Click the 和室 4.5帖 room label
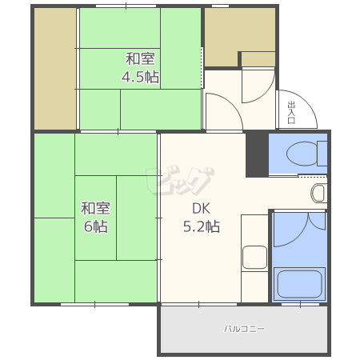click(x=140, y=68)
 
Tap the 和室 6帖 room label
click(x=96, y=218)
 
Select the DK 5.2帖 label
click(x=202, y=218)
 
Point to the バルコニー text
click(x=244, y=329)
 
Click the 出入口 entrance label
click(x=291, y=112)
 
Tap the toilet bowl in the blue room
click(x=302, y=154)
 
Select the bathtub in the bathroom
click(x=299, y=284)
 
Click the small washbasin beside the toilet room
click(x=318, y=193)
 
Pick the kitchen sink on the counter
click(x=254, y=258)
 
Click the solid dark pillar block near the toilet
click(x=257, y=154)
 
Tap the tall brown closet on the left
click(x=55, y=69)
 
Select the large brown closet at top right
click(x=240, y=37)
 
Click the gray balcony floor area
click(x=244, y=330)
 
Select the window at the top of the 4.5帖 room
click(x=126, y=6)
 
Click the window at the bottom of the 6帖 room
click(x=94, y=304)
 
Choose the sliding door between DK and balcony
click(x=199, y=304)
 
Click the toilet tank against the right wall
click(x=322, y=154)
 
